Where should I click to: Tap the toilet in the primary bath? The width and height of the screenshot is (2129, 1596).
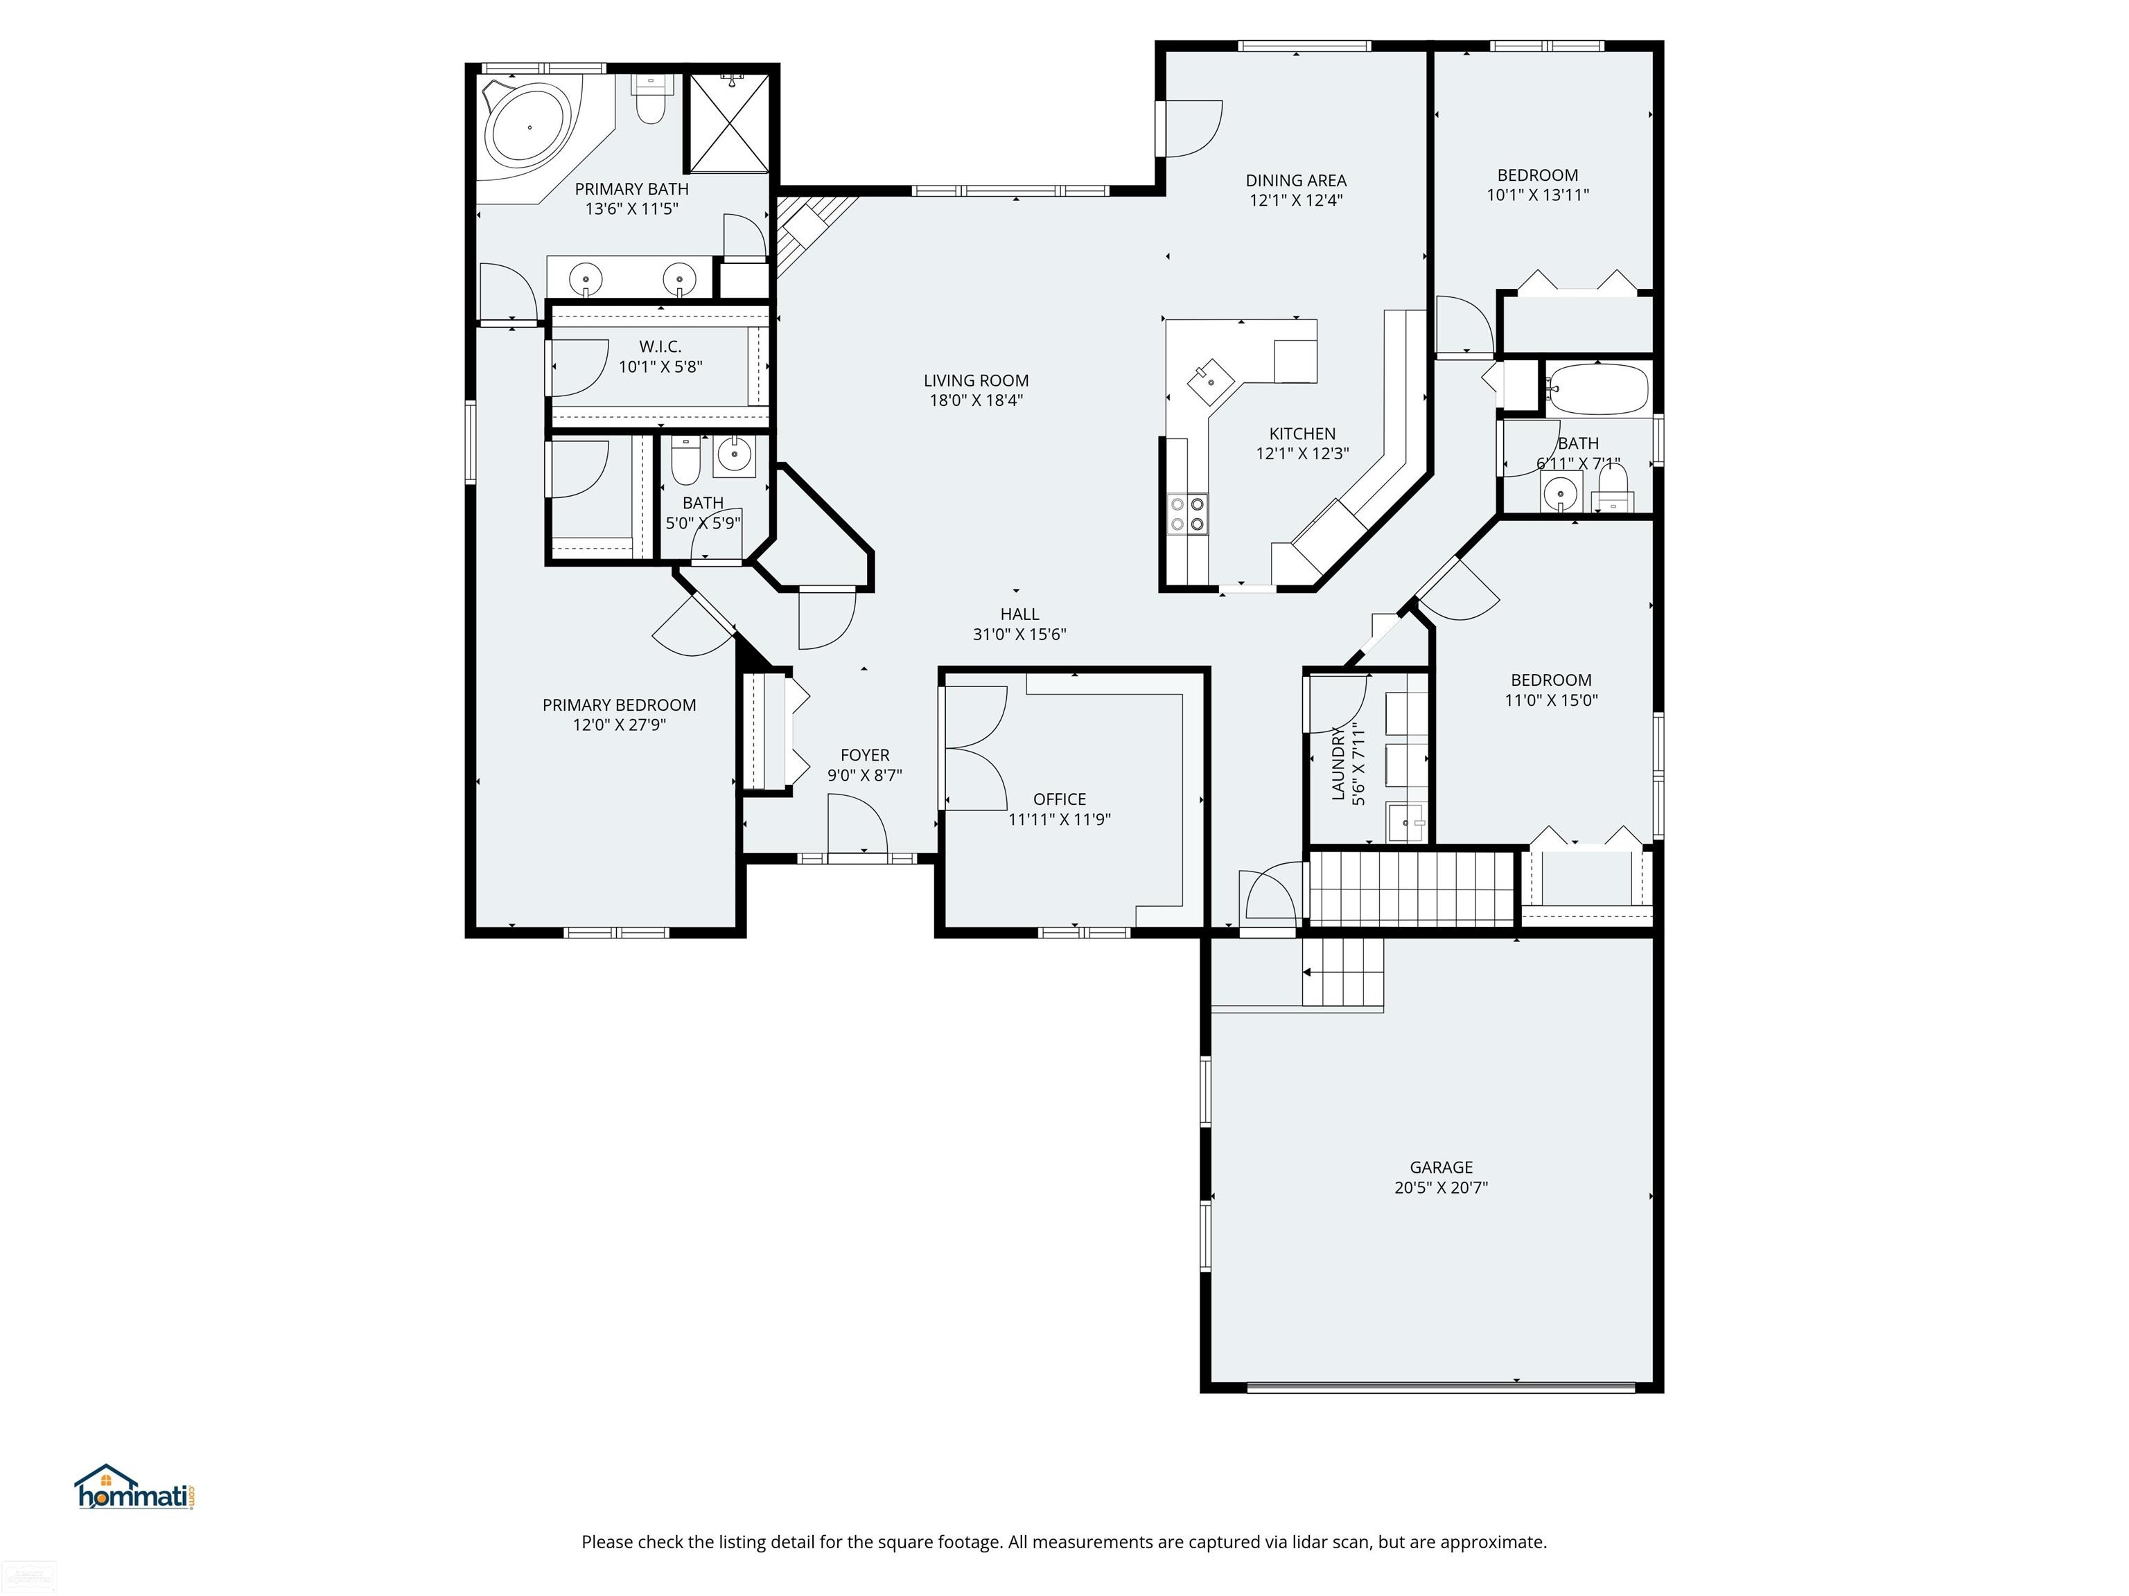[x=651, y=100]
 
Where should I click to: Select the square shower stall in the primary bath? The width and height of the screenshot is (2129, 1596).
[x=731, y=122]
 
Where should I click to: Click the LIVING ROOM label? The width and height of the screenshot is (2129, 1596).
[x=976, y=380]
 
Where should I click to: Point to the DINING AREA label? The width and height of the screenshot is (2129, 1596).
[x=1295, y=180]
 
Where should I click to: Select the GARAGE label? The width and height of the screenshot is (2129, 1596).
[x=1441, y=1167]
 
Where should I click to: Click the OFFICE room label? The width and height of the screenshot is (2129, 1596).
[x=1060, y=799]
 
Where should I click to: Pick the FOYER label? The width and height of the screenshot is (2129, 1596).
[x=864, y=755]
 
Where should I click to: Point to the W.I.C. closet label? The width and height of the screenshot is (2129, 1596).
[x=660, y=346]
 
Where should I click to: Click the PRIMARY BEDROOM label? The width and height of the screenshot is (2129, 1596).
[x=619, y=705]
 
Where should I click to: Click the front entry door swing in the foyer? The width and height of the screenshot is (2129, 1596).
[x=857, y=824]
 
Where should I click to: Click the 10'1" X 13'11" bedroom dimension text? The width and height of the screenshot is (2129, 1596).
[x=1537, y=195]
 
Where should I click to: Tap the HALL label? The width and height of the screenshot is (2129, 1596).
[x=1019, y=614]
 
